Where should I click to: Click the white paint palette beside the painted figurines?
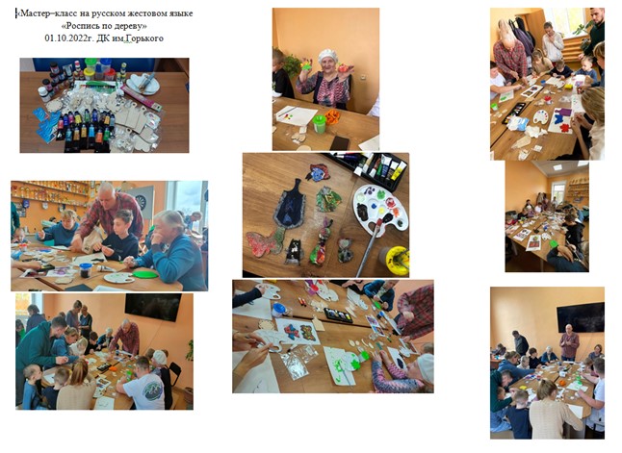[x=380, y=207]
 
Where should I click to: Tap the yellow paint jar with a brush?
[x=397, y=260]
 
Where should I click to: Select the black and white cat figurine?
[x=294, y=251]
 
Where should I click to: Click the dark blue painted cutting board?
[x=290, y=203]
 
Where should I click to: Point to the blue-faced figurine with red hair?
[x=318, y=172]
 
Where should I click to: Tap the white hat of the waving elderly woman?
[x=327, y=55]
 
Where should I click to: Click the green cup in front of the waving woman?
[x=320, y=123]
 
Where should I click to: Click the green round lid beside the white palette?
[x=144, y=274]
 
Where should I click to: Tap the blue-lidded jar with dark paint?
[x=86, y=270]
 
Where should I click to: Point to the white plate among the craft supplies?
[x=143, y=85]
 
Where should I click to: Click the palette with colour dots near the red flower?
[x=540, y=117]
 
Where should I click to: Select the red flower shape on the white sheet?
[x=564, y=128]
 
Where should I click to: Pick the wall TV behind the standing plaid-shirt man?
[x=581, y=316]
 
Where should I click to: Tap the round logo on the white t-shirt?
[x=152, y=390]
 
